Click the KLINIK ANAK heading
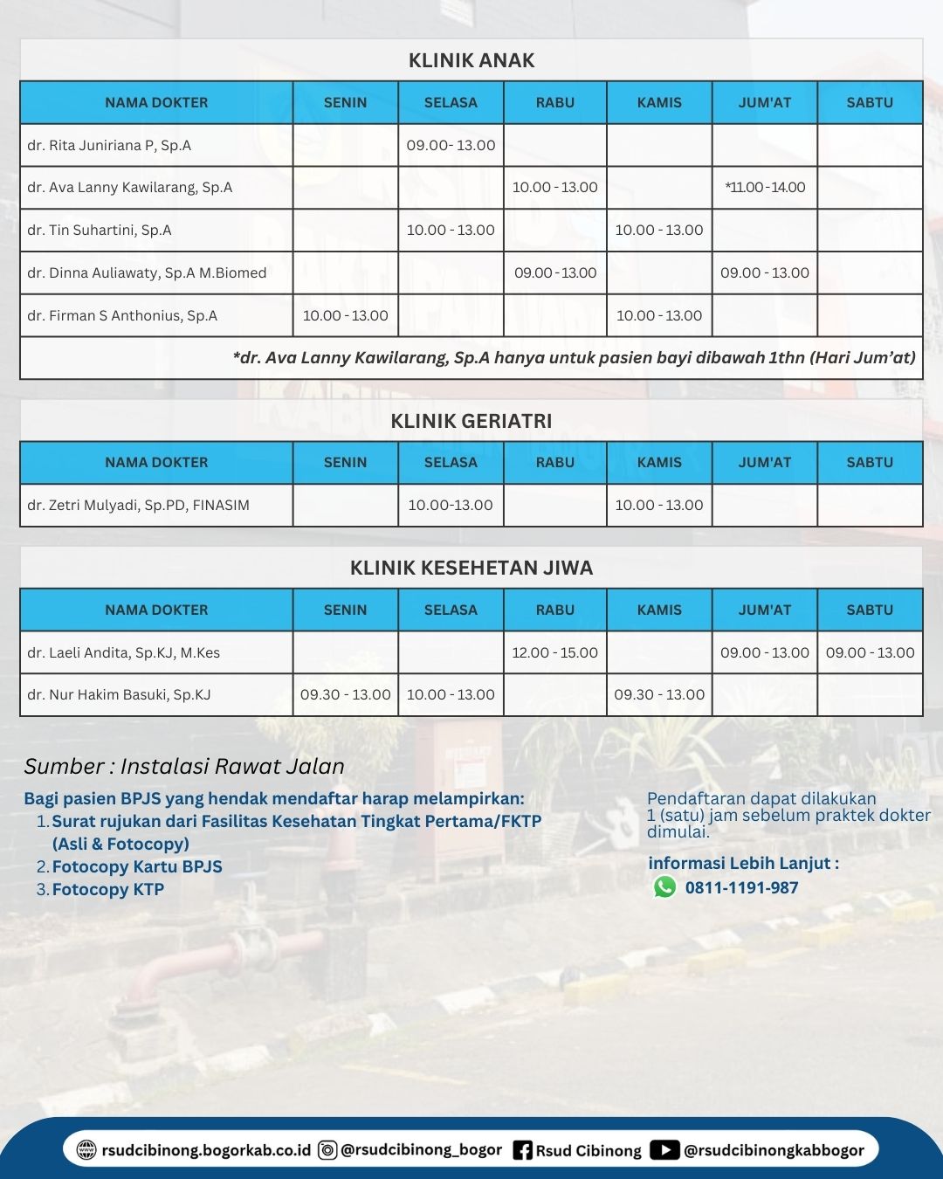pos(471,60)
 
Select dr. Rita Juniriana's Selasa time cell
pos(451,145)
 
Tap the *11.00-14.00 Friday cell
pos(765,187)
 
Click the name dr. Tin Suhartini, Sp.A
pos(100,230)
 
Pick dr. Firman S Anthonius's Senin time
pos(345,315)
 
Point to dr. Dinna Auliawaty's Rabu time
pos(555,272)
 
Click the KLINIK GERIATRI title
pos(471,421)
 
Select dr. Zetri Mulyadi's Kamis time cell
pos(659,505)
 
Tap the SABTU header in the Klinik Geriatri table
pos(870,462)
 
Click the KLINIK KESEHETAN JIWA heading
pos(471,568)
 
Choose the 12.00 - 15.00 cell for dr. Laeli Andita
pos(555,652)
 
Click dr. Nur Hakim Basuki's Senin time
pos(345,694)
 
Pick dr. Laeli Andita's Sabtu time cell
pos(870,652)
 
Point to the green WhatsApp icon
pos(665,887)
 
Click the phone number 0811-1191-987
pos(741,887)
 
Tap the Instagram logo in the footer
pos(327,1150)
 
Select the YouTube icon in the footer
pos(664,1150)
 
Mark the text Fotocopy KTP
pos(108,889)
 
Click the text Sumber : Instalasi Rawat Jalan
pos(184,766)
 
